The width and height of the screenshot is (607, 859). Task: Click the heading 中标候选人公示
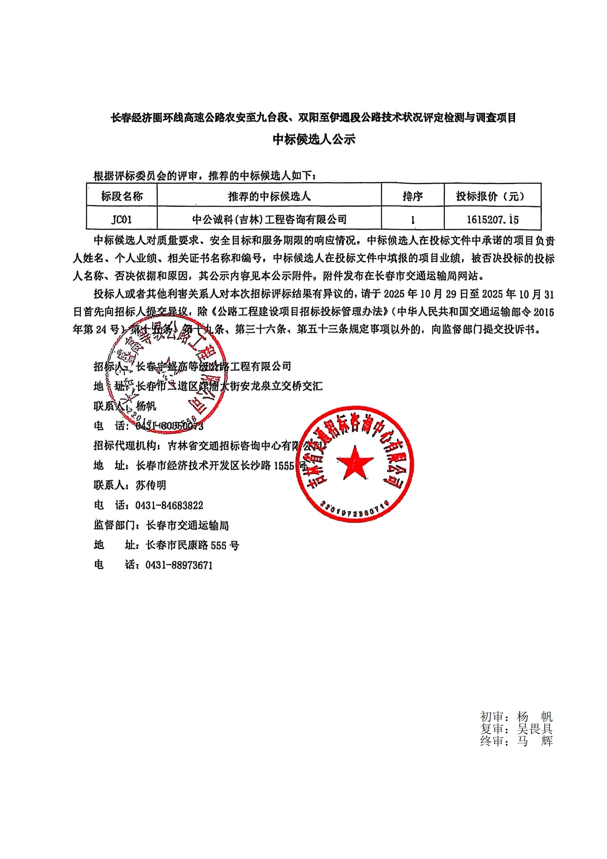314,140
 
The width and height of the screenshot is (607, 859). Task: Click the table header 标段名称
122,196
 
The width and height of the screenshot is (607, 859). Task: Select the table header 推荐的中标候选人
269,196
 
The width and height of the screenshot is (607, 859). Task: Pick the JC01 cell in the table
121,219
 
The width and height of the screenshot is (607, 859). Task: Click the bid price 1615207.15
493,219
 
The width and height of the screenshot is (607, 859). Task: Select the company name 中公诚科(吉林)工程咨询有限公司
269,219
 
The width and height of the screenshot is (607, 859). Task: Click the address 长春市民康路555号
193,546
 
